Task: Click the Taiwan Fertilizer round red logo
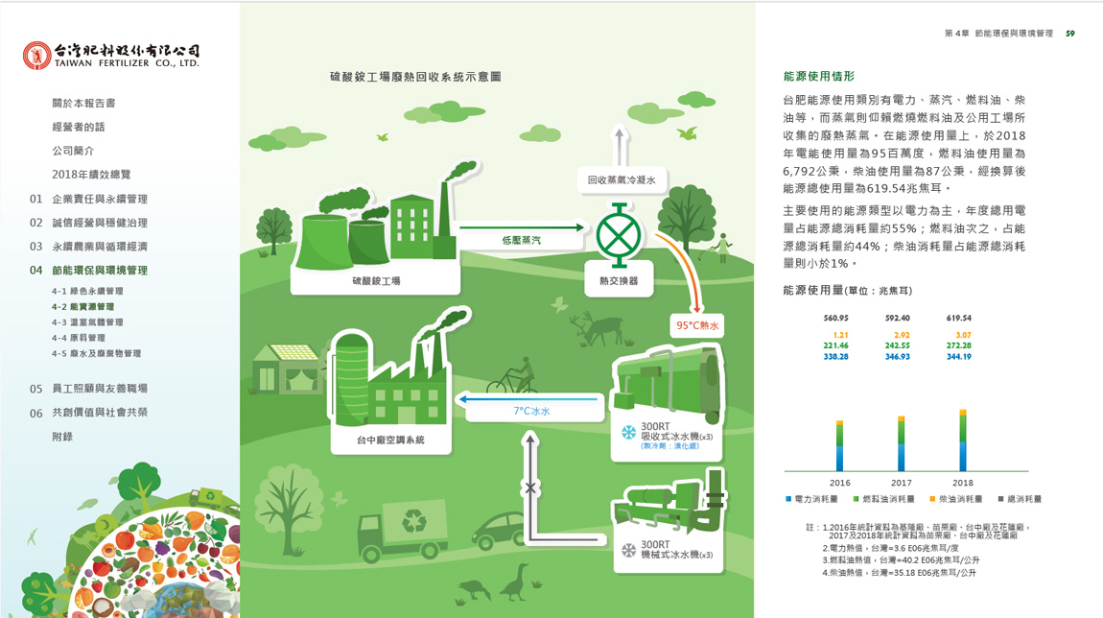(36, 56)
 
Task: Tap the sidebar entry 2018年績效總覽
(91, 175)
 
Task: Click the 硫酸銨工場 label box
(376, 281)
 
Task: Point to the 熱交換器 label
(619, 281)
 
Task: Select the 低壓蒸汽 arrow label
(521, 240)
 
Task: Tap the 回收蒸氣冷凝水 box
(622, 179)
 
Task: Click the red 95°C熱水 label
(697, 325)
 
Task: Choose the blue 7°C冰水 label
(531, 411)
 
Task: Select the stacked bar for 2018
(962, 440)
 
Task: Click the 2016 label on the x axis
(839, 483)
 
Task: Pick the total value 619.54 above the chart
(959, 318)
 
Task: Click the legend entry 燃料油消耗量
(883, 499)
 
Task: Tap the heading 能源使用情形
(818, 77)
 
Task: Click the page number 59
(1069, 34)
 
